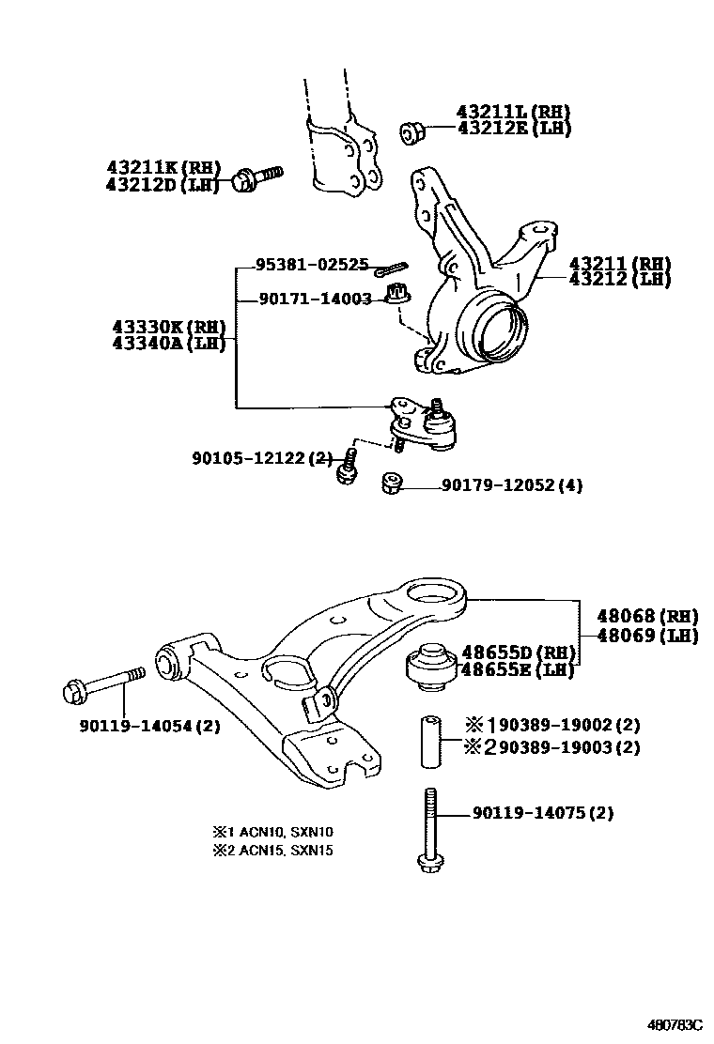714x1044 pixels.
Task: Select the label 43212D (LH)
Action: click(163, 184)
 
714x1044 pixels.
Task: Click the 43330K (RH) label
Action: click(169, 327)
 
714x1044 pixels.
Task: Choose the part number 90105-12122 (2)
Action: click(262, 457)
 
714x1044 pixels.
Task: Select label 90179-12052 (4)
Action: click(512, 485)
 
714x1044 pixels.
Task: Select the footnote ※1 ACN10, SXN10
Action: click(272, 832)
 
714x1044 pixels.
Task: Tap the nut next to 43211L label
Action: click(411, 133)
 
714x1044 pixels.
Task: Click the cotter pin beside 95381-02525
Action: click(387, 271)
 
